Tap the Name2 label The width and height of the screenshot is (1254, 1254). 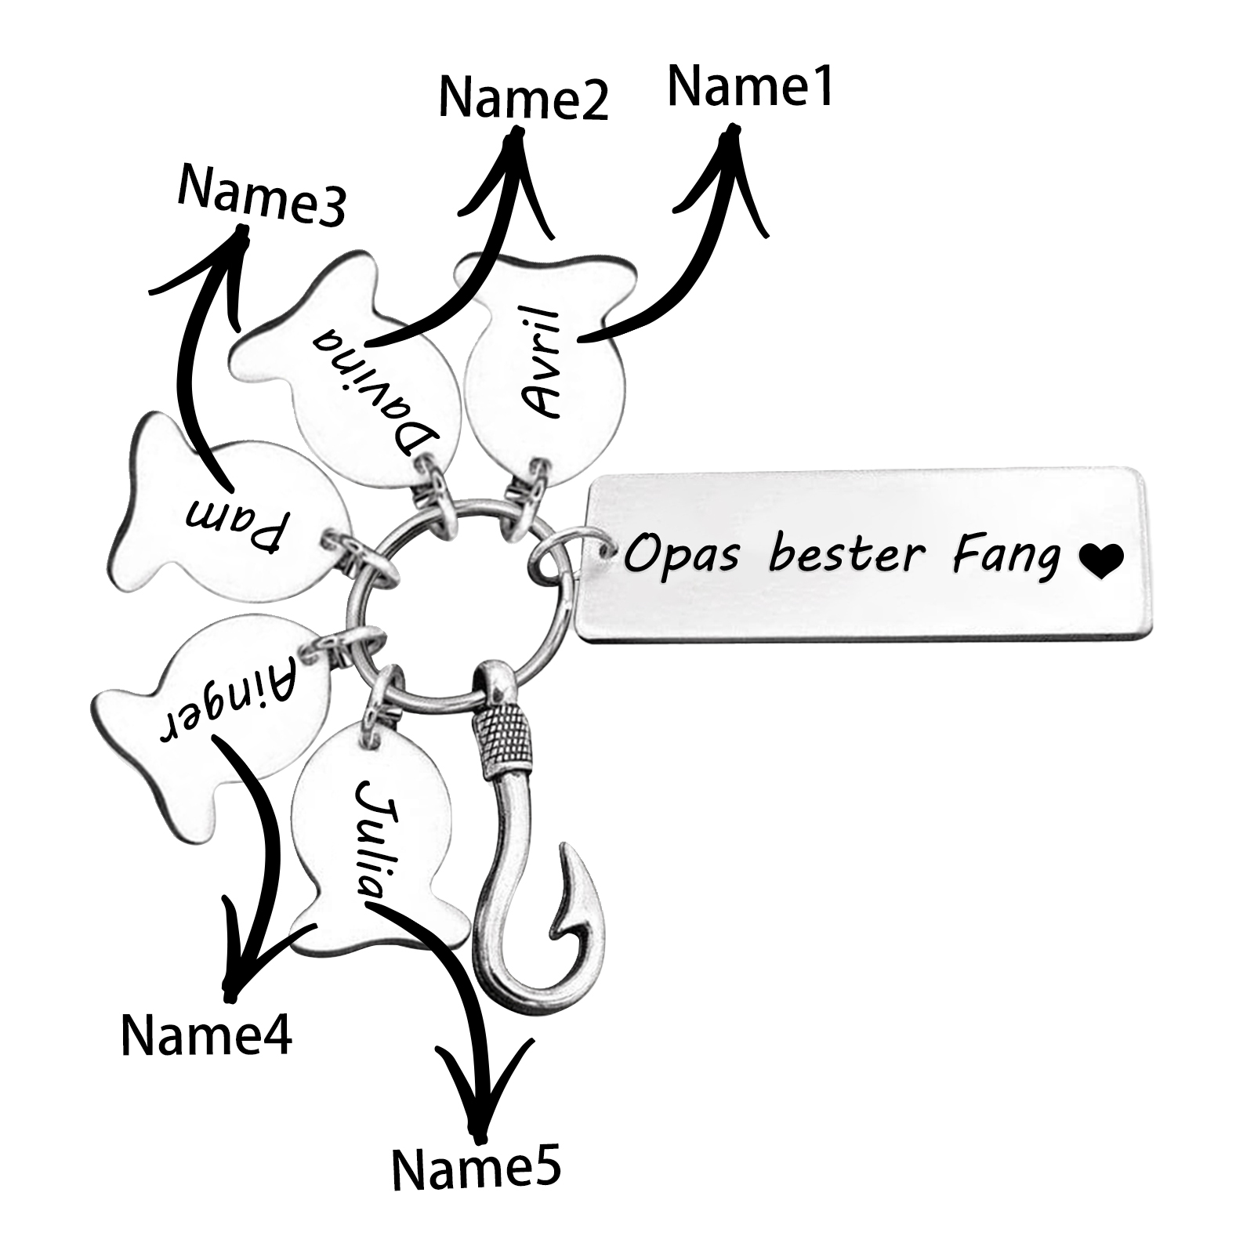coord(524,98)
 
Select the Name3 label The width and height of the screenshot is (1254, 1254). coord(261,196)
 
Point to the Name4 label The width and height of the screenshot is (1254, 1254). coord(206,1035)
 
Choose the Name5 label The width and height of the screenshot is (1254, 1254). coord(476,1170)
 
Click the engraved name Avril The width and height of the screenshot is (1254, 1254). coord(541,363)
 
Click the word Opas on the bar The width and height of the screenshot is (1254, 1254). coord(680,555)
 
